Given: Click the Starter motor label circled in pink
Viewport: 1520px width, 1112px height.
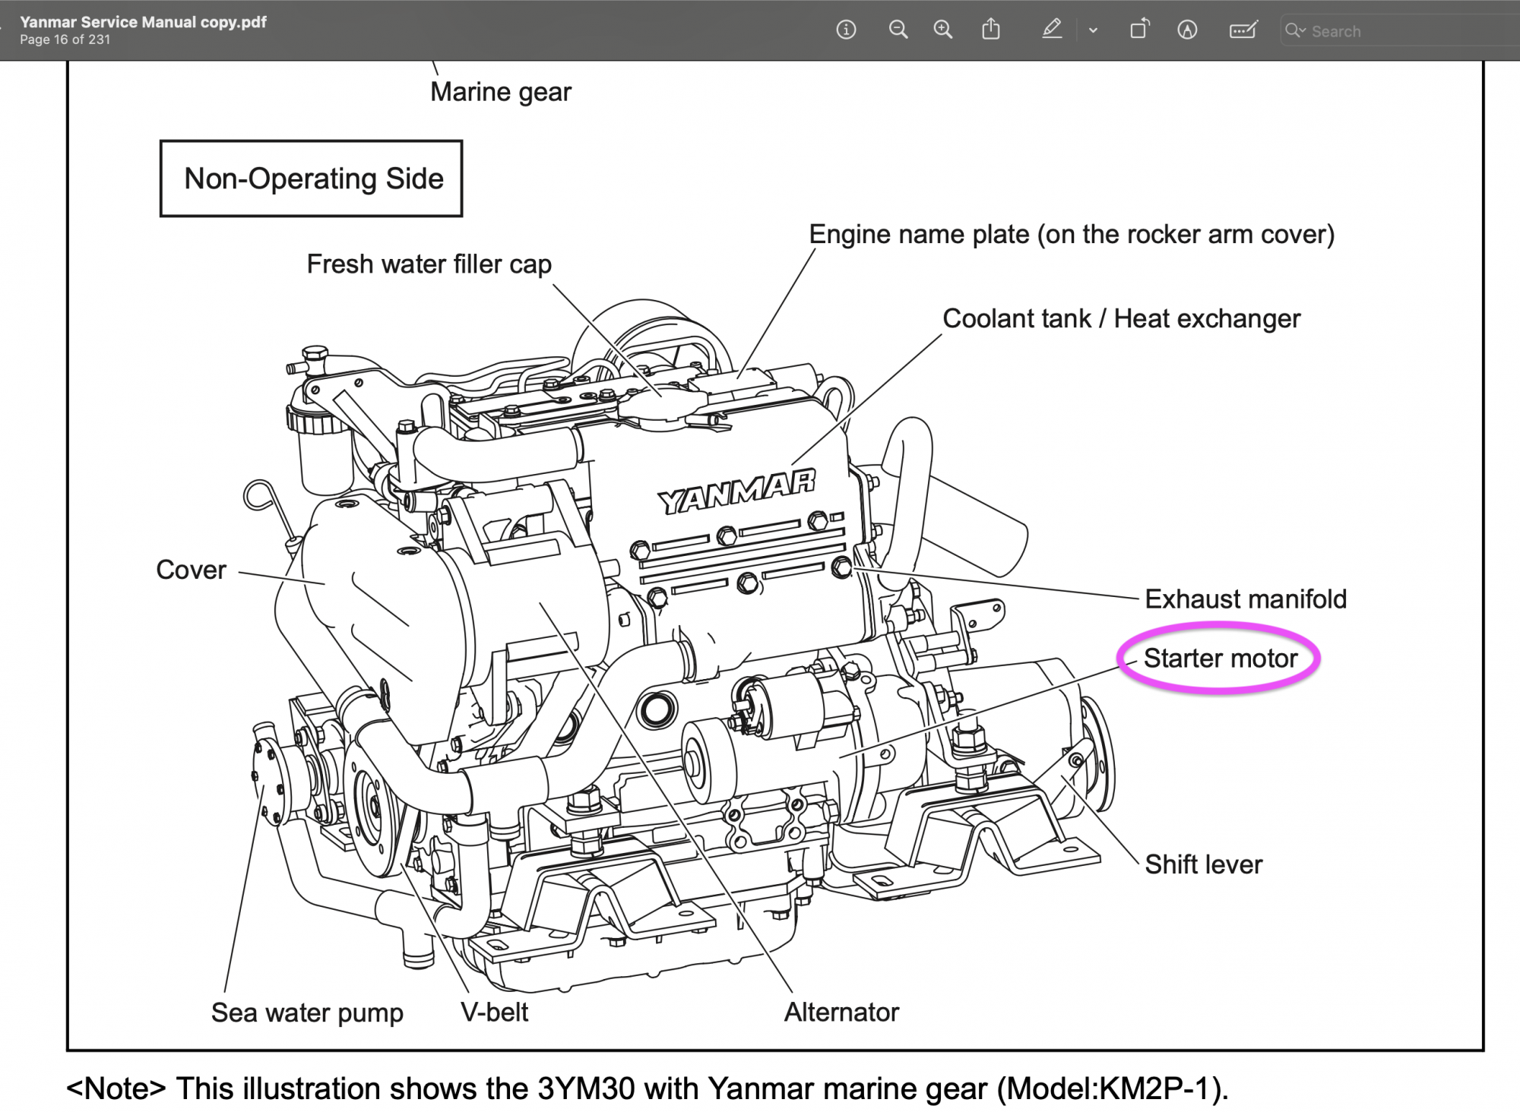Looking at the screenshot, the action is pyautogui.click(x=1221, y=658).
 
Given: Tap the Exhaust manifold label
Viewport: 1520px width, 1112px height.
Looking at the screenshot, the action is pyautogui.click(x=1246, y=599).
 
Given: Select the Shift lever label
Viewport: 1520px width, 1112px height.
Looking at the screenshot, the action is pyautogui.click(x=1203, y=864).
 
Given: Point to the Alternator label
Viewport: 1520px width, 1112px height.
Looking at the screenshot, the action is pyautogui.click(x=841, y=1012).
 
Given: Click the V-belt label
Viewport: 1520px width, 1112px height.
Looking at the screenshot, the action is pyautogui.click(x=494, y=1012).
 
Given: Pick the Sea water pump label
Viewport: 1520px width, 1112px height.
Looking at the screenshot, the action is pyautogui.click(x=307, y=1012).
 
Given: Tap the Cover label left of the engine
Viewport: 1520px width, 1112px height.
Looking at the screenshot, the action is pyautogui.click(x=191, y=570).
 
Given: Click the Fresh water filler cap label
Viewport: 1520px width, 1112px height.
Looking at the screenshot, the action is pyautogui.click(x=429, y=264).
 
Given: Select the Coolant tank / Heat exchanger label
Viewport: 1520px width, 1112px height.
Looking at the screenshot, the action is pyautogui.click(x=1122, y=318).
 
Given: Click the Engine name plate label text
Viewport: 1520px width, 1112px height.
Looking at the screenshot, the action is pyautogui.click(x=1072, y=235).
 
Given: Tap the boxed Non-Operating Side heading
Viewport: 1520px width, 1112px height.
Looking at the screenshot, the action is pyautogui.click(x=312, y=178).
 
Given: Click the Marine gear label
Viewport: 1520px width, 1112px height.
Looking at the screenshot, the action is pyautogui.click(x=501, y=92).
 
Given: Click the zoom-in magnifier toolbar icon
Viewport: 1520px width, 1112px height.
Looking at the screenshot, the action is pyautogui.click(x=943, y=30).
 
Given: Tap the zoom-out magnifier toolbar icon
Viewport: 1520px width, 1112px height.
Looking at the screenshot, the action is pyautogui.click(x=898, y=30).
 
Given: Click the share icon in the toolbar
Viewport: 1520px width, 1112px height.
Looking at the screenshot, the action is pyautogui.click(x=991, y=29).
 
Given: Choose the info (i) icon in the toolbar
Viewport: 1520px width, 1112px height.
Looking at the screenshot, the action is pyautogui.click(x=846, y=30).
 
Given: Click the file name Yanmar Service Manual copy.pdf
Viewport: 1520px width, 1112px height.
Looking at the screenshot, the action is pyautogui.click(x=144, y=22).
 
